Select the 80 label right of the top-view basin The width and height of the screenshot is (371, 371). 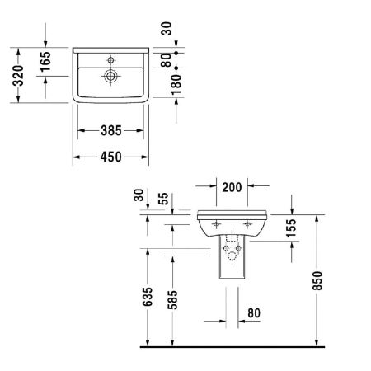pyautogui.click(x=167, y=60)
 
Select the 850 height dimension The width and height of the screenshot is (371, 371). pyautogui.click(x=329, y=280)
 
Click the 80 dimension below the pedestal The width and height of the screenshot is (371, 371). pyautogui.click(x=253, y=314)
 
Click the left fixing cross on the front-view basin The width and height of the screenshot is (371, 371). pyautogui.click(x=216, y=224)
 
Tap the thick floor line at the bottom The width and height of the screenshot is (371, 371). pyautogui.click(x=231, y=346)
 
